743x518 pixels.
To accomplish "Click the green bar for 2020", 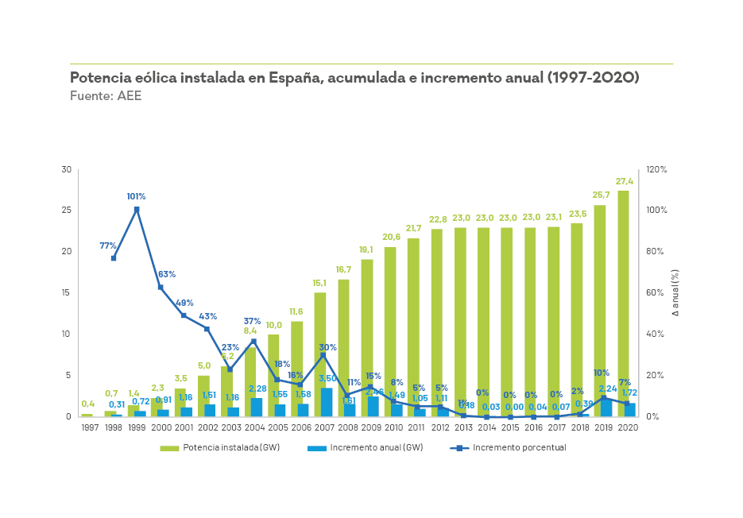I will point(623,303).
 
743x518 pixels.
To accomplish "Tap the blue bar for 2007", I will point(327,402).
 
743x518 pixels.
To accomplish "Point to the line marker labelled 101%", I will point(137,210).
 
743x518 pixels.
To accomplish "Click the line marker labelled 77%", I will point(114,258).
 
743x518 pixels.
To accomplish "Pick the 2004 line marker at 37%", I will point(253,342).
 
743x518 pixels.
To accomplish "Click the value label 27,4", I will point(624,182).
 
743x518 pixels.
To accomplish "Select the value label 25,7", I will point(601,195).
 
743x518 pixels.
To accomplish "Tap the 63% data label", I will point(167,274).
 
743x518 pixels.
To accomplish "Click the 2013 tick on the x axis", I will point(463,427).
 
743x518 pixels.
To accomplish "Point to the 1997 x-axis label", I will point(91,427).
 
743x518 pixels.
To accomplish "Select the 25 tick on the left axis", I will point(67,211).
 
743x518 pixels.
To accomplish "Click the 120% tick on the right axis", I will point(656,170).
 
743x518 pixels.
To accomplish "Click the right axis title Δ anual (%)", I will point(675,293).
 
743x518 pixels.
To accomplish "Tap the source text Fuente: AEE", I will point(106,95).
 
